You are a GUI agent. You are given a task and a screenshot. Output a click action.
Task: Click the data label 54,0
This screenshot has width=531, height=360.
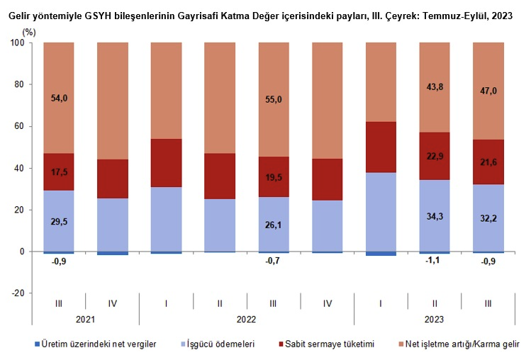[x=58, y=99]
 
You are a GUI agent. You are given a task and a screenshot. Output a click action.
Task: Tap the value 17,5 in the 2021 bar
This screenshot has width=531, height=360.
[x=58, y=172]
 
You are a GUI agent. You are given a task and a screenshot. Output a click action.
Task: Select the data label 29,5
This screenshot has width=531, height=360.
[x=58, y=222]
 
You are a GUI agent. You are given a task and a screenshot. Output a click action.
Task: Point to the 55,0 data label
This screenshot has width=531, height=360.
[x=273, y=100]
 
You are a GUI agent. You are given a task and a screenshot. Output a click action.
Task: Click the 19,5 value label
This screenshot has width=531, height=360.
[x=273, y=177]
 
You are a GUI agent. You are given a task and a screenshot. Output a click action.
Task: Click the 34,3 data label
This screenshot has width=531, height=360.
[x=434, y=215]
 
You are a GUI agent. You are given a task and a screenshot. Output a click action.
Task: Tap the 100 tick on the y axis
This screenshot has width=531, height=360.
[x=18, y=43]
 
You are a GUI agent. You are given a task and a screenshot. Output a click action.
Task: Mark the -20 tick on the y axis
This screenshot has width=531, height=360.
[x=18, y=293]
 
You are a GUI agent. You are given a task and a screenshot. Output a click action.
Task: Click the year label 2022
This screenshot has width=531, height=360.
[x=246, y=320]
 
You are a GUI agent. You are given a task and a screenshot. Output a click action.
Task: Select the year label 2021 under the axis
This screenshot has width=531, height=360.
[x=85, y=320]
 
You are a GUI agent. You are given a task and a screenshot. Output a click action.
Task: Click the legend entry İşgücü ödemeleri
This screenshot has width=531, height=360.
[x=222, y=344]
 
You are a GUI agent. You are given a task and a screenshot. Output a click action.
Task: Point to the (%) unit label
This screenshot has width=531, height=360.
[x=28, y=32]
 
